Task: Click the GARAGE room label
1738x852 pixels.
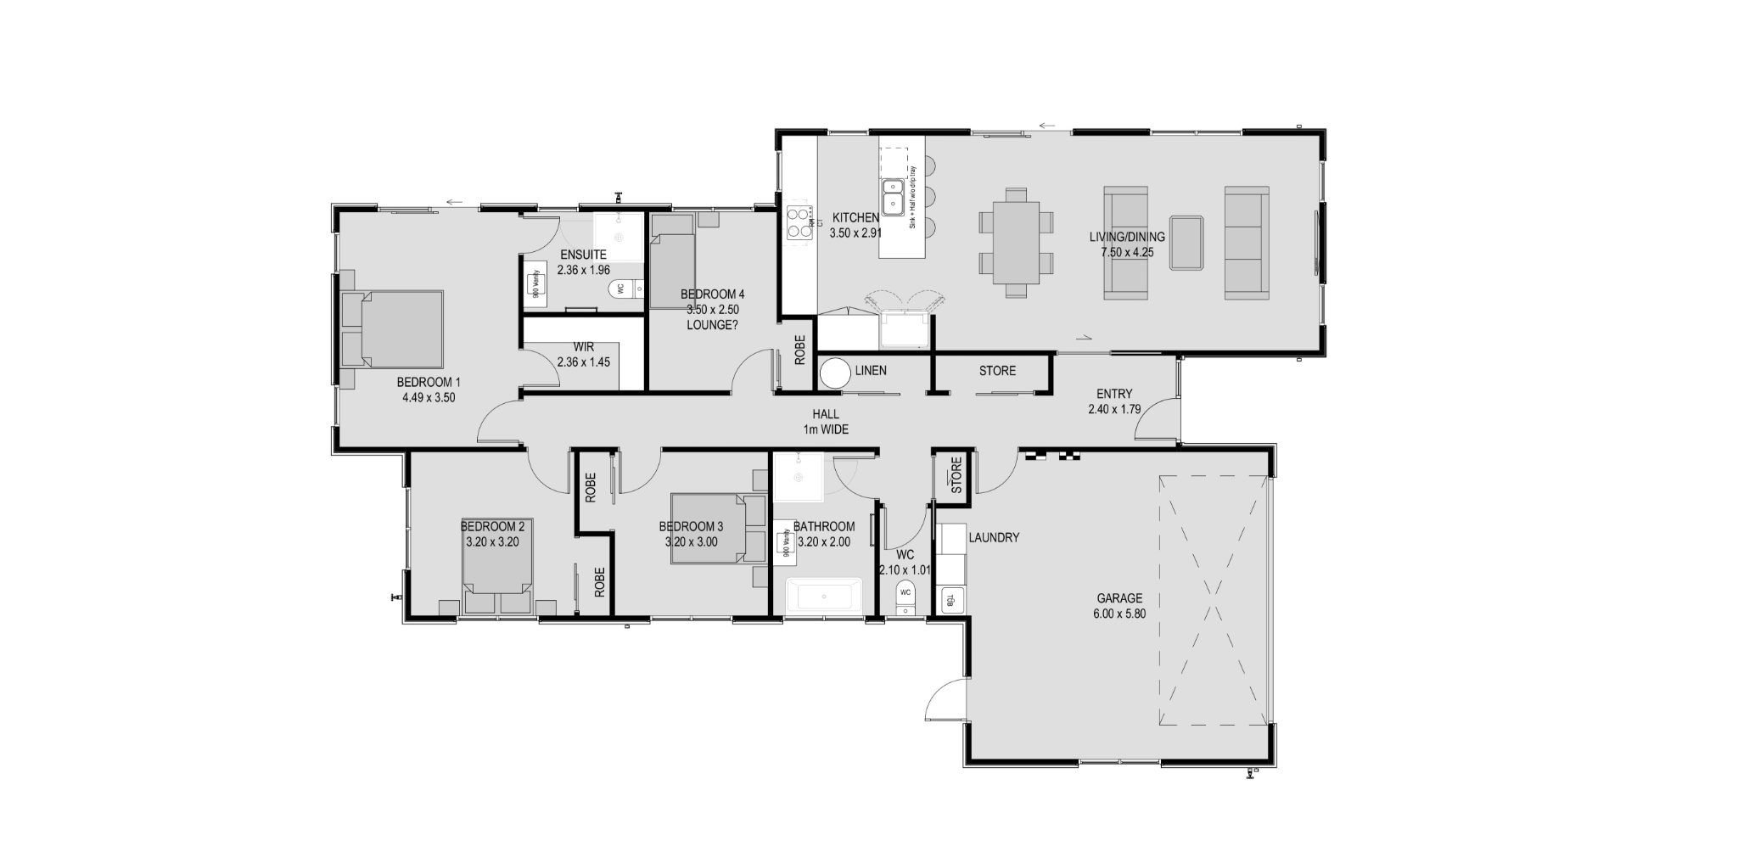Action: click(1120, 598)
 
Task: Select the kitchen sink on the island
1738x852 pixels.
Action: click(893, 197)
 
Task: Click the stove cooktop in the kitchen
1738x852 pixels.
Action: click(798, 222)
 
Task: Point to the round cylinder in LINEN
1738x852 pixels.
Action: click(835, 374)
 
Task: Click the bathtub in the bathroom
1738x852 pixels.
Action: click(823, 597)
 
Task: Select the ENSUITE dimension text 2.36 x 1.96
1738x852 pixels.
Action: click(584, 270)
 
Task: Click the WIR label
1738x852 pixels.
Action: click(583, 347)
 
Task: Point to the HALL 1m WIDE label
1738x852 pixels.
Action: click(826, 422)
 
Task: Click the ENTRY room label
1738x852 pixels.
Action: click(1113, 394)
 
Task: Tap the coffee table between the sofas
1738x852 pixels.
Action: click(1186, 243)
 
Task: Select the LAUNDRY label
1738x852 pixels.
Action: click(993, 537)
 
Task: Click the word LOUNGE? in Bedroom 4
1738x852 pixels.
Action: click(712, 324)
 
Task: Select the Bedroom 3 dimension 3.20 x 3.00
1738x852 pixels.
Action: click(691, 542)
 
